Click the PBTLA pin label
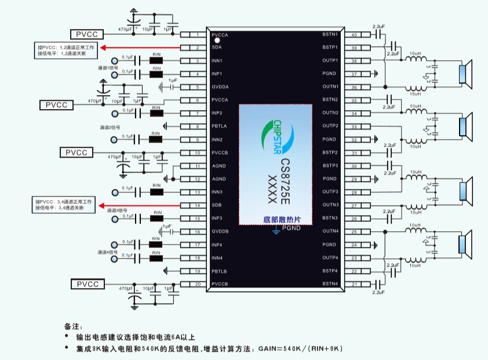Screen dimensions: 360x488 pos(220,126)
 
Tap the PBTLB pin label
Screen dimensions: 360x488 pos(220,271)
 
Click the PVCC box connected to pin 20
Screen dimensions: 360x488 pos(88,284)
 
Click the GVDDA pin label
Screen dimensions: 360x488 pos(220,88)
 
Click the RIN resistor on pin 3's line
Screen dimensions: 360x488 pos(155,61)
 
